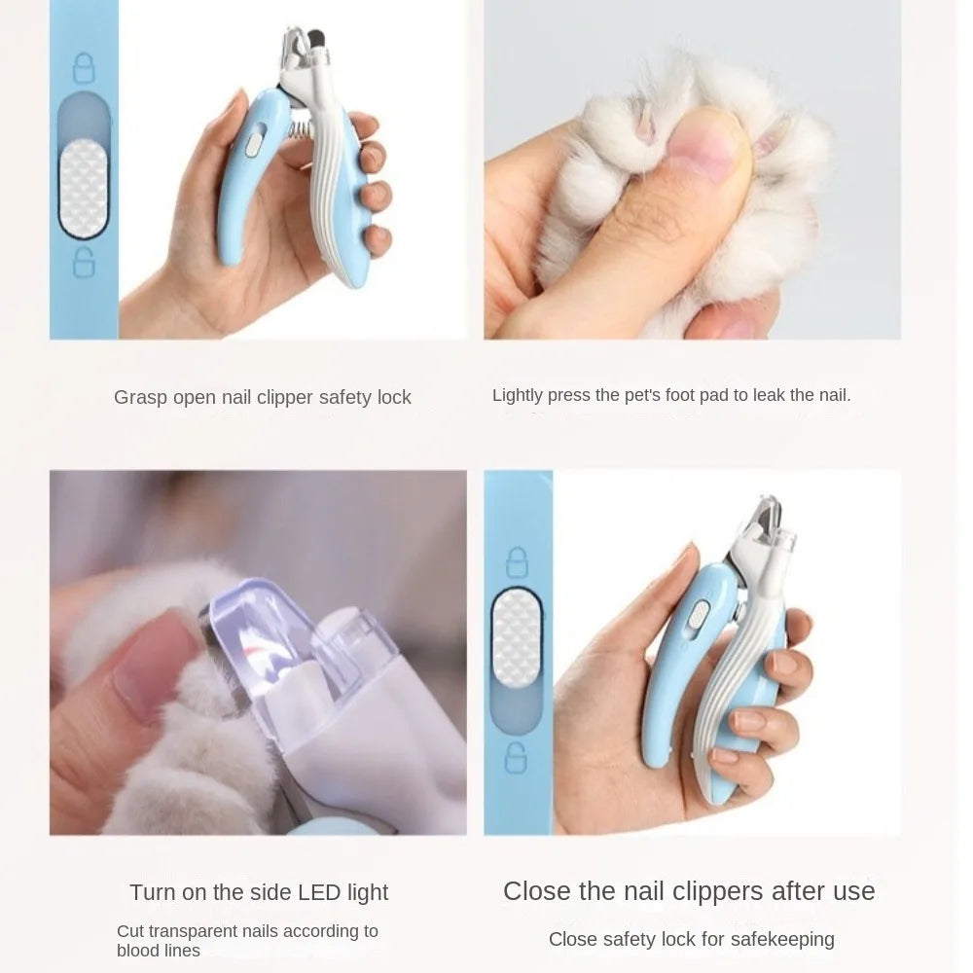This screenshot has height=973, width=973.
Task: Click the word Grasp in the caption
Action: pyautogui.click(x=140, y=398)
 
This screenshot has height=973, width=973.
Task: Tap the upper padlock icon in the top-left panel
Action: pyautogui.click(x=84, y=68)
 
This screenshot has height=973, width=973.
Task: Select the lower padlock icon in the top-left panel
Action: pyautogui.click(x=85, y=262)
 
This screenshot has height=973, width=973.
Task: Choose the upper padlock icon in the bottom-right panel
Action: pyautogui.click(x=517, y=561)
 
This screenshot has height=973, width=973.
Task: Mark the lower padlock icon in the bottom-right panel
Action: pyautogui.click(x=517, y=756)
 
